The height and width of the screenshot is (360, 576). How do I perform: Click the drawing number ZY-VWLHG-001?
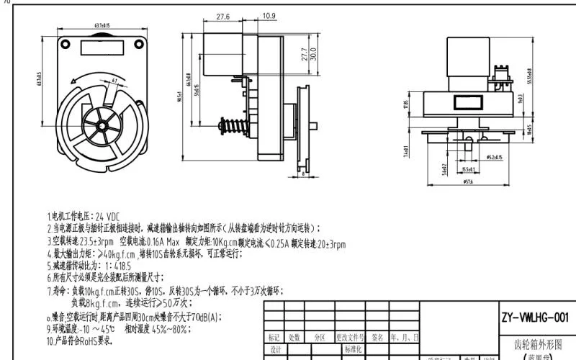pos(534,317)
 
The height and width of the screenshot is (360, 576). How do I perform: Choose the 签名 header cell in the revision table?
pos(377,337)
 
